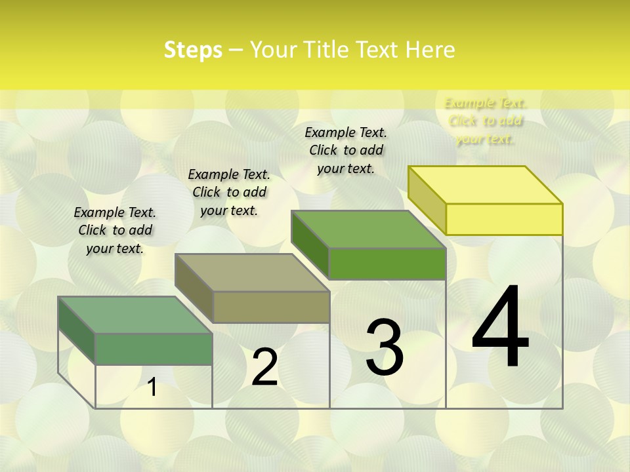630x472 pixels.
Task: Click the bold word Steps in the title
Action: coord(193,50)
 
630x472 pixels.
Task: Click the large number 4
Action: coord(500,328)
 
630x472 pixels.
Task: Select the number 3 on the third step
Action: coord(385,347)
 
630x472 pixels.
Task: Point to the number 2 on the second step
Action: coord(265,367)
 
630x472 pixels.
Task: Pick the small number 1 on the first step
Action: coord(152,387)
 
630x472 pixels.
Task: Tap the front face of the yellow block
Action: coord(504,219)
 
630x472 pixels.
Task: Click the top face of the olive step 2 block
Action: coord(252,273)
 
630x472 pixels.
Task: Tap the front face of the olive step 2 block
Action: coord(271,307)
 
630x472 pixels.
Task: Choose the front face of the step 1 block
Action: coord(154,349)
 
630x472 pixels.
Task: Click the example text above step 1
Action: coord(115,230)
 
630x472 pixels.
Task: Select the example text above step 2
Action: coord(229,192)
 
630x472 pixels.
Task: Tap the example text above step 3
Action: coord(346,150)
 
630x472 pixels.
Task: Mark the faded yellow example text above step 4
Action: coord(486,121)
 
